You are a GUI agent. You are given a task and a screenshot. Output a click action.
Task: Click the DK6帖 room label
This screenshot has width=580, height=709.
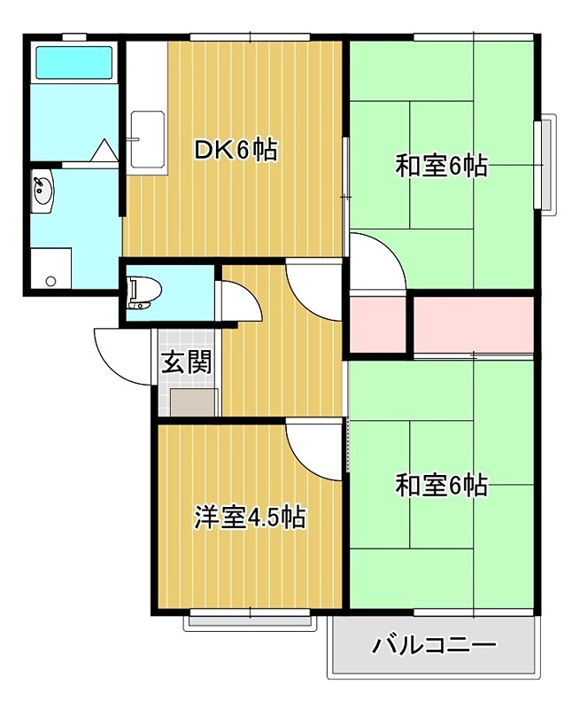pos(236,150)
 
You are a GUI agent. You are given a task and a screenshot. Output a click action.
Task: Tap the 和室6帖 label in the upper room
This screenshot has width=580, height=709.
pos(441,166)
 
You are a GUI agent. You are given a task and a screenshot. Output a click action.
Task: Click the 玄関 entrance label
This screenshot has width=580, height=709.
pos(186,362)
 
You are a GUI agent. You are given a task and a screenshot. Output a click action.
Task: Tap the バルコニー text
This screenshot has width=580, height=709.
pos(434,644)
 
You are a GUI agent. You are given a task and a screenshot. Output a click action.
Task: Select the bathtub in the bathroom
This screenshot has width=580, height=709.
pos(73,63)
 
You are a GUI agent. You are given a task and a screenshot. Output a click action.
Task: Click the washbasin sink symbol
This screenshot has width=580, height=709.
pos(42,191)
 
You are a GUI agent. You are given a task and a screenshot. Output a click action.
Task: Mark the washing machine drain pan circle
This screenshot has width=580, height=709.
pos(50,281)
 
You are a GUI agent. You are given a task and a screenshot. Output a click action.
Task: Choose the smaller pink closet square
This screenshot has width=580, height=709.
pos(378,324)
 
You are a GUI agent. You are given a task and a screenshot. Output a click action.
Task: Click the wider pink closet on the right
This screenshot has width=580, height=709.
pos(475,324)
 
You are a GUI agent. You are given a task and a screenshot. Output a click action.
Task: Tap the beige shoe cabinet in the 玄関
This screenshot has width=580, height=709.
pos(193,403)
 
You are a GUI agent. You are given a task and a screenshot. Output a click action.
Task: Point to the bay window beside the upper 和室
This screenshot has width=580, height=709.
pos(546,165)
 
